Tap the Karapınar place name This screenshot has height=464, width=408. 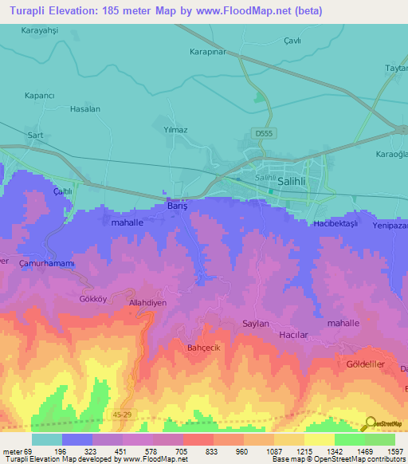(x=210, y=53)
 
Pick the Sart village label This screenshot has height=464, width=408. (x=35, y=136)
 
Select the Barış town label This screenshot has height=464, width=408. (x=176, y=205)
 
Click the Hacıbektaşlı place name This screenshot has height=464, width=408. (x=337, y=224)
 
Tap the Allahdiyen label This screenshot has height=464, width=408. (x=148, y=304)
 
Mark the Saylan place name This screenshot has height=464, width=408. (x=257, y=323)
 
